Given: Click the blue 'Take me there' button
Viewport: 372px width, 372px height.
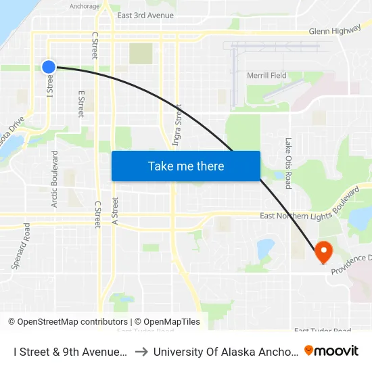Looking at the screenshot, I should [186, 166].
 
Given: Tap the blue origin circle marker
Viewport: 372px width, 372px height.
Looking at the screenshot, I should [49, 66].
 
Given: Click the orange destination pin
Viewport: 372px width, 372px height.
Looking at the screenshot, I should [323, 252].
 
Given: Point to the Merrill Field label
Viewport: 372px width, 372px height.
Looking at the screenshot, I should [266, 75].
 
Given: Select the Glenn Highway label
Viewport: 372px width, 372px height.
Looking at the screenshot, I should [334, 31].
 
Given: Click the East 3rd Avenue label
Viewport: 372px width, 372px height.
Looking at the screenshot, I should [145, 15].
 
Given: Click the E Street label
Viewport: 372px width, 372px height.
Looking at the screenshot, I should [81, 103].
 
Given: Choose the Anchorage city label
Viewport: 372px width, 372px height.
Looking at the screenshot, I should [85, 7].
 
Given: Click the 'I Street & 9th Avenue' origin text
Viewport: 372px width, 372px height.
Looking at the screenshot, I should [70, 351].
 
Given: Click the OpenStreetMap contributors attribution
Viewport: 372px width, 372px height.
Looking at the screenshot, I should [68, 322].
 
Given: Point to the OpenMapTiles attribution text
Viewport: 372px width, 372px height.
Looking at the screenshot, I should [167, 322].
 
